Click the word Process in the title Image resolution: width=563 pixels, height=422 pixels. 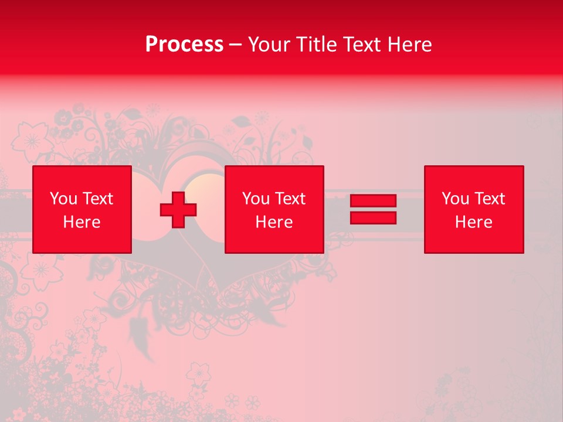[x=184, y=45]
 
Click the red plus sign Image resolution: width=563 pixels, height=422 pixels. [x=178, y=210]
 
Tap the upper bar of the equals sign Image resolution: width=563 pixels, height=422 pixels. [x=373, y=201]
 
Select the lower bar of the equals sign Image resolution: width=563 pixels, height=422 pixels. [x=373, y=217]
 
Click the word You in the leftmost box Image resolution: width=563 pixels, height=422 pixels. [x=63, y=199]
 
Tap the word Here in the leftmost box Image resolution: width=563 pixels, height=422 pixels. [x=82, y=222]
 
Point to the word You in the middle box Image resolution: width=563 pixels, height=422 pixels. [x=256, y=199]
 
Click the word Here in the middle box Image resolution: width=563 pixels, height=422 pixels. [x=274, y=222]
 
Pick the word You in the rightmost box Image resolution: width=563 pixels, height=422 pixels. [x=455, y=199]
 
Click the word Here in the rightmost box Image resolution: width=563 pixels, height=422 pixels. [x=474, y=222]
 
